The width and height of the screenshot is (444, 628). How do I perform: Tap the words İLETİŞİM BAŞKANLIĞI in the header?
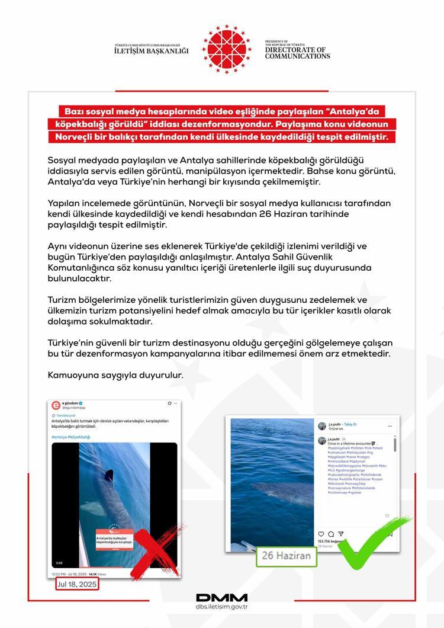tap(151, 51)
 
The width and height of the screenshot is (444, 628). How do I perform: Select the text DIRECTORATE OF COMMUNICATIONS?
tap(297, 53)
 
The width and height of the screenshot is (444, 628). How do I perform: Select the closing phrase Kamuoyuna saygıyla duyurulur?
tap(115, 375)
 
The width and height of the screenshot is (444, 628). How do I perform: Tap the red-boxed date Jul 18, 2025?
tap(77, 584)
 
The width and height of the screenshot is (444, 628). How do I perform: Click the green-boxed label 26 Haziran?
tap(287, 556)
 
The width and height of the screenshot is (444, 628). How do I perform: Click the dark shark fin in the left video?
tap(108, 474)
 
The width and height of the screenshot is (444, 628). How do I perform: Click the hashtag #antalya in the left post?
tap(59, 437)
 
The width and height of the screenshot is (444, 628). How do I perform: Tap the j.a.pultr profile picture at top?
tap(323, 425)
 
